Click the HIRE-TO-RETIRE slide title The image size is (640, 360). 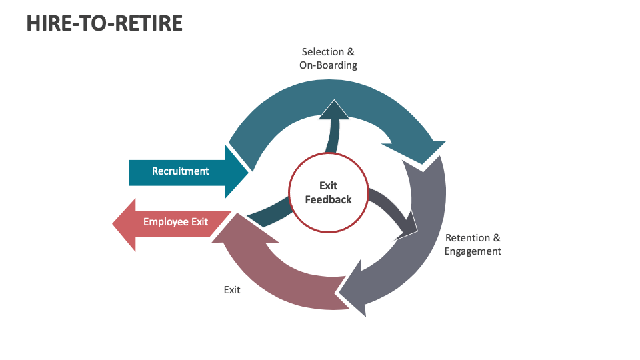[x=105, y=23]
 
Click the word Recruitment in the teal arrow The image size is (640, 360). [x=180, y=171]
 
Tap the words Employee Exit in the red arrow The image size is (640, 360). [x=175, y=222]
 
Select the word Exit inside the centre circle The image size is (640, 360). [x=328, y=186]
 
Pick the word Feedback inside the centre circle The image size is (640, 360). [x=328, y=199]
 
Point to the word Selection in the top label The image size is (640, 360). [x=323, y=52]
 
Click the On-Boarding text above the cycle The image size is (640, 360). [x=328, y=65]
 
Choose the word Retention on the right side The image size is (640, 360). [x=468, y=238]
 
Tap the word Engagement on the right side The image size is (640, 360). [x=473, y=251]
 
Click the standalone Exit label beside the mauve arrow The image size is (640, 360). [x=232, y=290]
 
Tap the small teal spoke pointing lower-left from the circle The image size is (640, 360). [x=267, y=215]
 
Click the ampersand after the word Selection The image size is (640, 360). [x=351, y=52]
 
